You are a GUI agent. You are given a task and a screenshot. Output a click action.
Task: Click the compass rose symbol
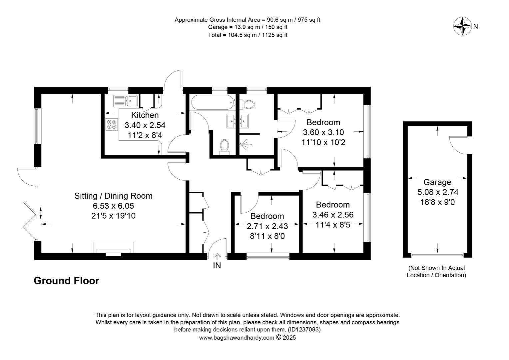point(462,26)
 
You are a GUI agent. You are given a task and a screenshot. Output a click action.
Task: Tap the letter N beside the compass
point(476,27)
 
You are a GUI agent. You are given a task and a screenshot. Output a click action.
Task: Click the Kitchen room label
point(145,115)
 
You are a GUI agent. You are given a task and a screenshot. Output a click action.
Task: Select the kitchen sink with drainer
point(126,101)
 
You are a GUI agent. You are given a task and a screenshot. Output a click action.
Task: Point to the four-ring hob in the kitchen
point(112,124)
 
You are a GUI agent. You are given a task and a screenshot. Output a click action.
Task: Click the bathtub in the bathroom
point(213,103)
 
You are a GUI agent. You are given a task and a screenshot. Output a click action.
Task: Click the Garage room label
point(437,182)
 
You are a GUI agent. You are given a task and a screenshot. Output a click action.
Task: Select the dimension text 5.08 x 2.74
point(438,192)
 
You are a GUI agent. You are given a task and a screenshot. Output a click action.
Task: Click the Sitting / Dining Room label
point(113,196)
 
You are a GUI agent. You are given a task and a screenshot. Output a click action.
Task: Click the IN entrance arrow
point(217,257)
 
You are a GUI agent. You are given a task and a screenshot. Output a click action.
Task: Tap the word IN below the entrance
point(217,266)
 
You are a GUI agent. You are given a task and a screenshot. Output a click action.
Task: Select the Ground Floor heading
point(67,281)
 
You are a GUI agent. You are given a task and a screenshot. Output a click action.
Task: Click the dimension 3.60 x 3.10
point(323,132)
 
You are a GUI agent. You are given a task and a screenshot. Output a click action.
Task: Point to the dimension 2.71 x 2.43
point(267,226)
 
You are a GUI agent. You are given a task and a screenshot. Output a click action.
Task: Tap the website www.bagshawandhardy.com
point(237,338)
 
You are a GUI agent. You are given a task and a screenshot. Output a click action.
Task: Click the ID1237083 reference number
point(304,330)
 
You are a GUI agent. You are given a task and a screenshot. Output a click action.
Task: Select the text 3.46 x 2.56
point(333,215)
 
